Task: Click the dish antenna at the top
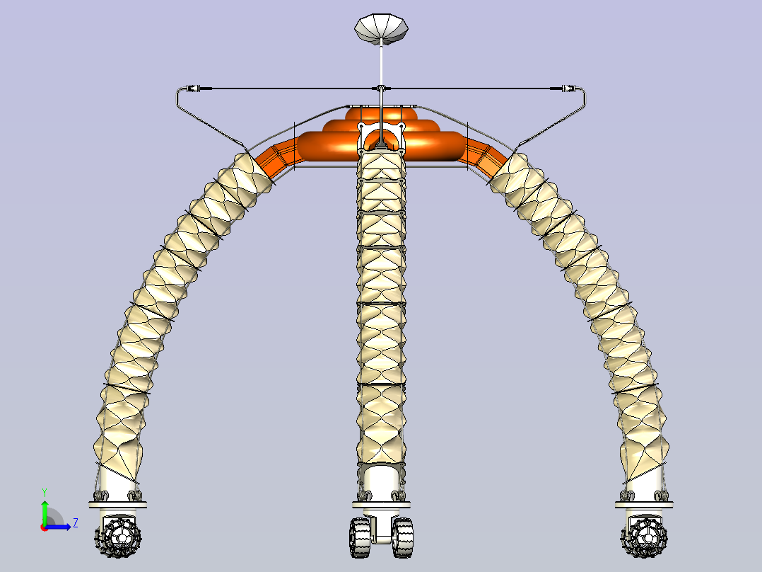[381, 29]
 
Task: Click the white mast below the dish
[381, 66]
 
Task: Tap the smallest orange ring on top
[381, 113]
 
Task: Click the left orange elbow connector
[277, 156]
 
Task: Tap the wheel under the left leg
[117, 537]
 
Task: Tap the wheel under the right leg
[644, 537]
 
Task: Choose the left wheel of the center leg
[360, 537]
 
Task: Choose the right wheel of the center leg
[403, 537]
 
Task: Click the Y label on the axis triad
[45, 493]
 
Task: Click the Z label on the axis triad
[76, 523]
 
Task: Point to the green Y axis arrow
[45, 513]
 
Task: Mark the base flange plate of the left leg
[117, 505]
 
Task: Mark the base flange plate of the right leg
[644, 505]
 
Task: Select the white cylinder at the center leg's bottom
[381, 483]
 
